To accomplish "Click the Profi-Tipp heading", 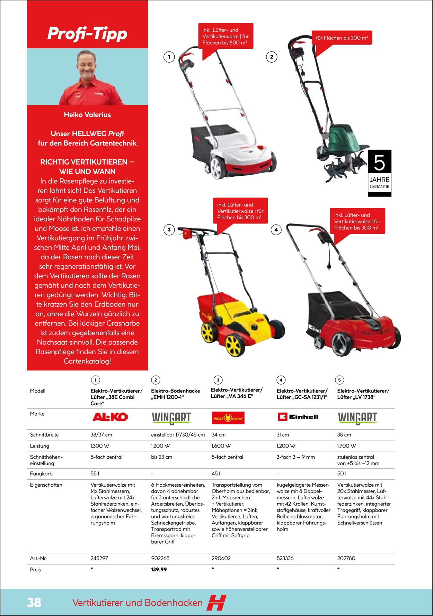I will (x=87, y=34).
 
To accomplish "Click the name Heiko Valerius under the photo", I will (x=87, y=115).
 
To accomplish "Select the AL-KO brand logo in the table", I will (x=110, y=417).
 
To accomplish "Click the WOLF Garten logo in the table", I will (x=228, y=418).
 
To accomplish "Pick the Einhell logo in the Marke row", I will (x=298, y=417).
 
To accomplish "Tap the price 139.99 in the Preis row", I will (x=159, y=569).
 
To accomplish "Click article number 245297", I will (x=99, y=558).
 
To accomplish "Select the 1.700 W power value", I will (x=346, y=446).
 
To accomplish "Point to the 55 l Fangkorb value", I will (x=95, y=474).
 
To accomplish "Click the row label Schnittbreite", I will (x=44, y=435).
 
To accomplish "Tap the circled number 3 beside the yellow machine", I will (x=169, y=230).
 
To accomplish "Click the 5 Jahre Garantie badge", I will (x=379, y=173).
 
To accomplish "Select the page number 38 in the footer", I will (x=34, y=602).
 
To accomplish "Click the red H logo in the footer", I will (x=216, y=603).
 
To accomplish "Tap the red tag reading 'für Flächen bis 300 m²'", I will (x=342, y=38).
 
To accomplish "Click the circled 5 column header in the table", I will (x=339, y=380).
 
